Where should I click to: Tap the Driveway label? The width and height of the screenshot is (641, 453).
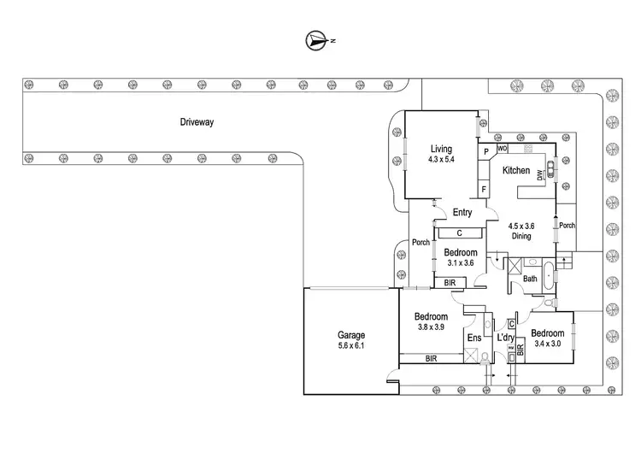click(x=197, y=122)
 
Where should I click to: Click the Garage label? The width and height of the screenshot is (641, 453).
click(x=351, y=335)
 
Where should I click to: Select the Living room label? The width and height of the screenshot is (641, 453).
click(x=441, y=150)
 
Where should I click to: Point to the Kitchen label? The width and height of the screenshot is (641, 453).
click(x=515, y=171)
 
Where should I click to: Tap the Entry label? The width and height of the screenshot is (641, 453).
click(x=462, y=213)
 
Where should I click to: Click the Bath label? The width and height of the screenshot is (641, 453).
click(x=530, y=279)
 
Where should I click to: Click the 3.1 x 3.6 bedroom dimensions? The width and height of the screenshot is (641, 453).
click(x=460, y=263)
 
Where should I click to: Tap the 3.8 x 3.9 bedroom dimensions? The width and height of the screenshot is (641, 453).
click(x=432, y=327)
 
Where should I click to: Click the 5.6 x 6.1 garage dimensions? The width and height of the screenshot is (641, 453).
click(x=351, y=345)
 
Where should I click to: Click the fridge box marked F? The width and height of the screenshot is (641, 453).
click(x=485, y=189)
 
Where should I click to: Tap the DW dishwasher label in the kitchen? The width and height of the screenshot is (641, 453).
click(x=540, y=176)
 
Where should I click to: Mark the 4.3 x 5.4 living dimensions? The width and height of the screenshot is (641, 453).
click(x=441, y=160)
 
